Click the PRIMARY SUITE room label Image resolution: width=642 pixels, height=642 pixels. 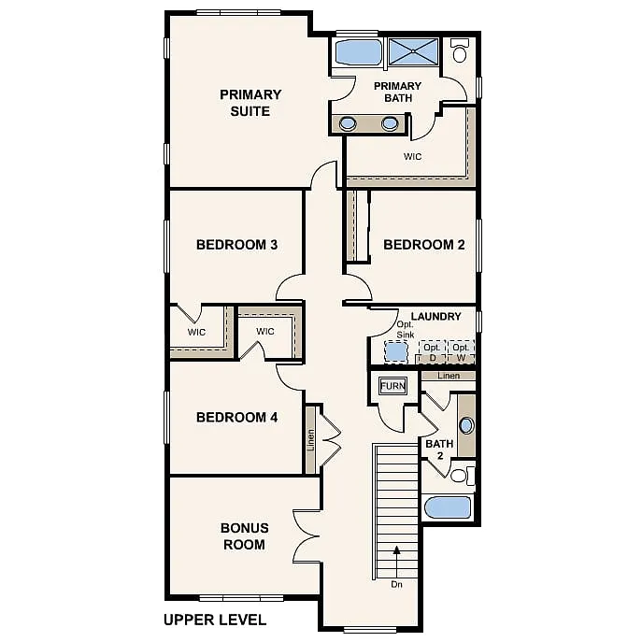pyautogui.click(x=250, y=103)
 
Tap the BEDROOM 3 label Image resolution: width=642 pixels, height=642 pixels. pyautogui.click(x=236, y=245)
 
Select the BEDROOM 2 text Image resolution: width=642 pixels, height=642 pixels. pyautogui.click(x=424, y=245)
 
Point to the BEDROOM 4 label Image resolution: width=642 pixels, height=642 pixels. pyautogui.click(x=236, y=417)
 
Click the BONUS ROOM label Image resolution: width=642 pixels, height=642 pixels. pyautogui.click(x=244, y=535)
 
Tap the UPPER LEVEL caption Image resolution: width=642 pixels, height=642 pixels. pyautogui.click(x=215, y=619)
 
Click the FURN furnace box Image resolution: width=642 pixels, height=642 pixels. pyautogui.click(x=392, y=386)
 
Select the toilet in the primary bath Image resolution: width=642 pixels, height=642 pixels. pyautogui.click(x=460, y=51)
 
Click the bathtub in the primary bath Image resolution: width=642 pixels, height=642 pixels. pyautogui.click(x=359, y=52)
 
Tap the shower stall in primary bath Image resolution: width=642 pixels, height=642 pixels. pyautogui.click(x=413, y=52)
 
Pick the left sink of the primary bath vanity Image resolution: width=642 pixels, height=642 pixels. pyautogui.click(x=348, y=123)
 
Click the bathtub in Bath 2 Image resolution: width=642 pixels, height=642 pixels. pyautogui.click(x=449, y=507)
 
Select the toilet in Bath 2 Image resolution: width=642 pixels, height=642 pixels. pyautogui.click(x=460, y=476)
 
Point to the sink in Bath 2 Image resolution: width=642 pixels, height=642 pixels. pyautogui.click(x=466, y=425)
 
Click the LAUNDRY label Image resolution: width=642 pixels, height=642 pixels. pyautogui.click(x=435, y=317)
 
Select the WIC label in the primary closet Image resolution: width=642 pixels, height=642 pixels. pyautogui.click(x=412, y=156)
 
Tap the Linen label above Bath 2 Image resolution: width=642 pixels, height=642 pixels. pyautogui.click(x=449, y=376)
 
